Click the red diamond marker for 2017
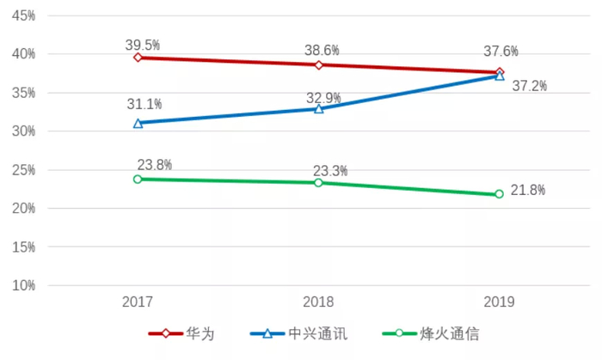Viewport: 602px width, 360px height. pos(138,58)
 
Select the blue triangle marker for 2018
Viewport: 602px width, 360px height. pos(318,109)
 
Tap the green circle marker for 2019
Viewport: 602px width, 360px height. pos(499,194)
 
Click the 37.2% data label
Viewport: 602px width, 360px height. pos(529,86)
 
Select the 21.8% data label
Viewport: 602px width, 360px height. pos(527,190)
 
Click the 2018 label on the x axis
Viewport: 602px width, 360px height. pos(318,302)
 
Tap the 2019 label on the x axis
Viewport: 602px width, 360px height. pos(499,302)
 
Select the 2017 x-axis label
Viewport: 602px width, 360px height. pos(138,302)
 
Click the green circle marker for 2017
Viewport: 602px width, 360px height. pos(138,179)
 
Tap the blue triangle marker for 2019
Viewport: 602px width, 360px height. pos(499,76)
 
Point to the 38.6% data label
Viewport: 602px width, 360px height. pos(322,49)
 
